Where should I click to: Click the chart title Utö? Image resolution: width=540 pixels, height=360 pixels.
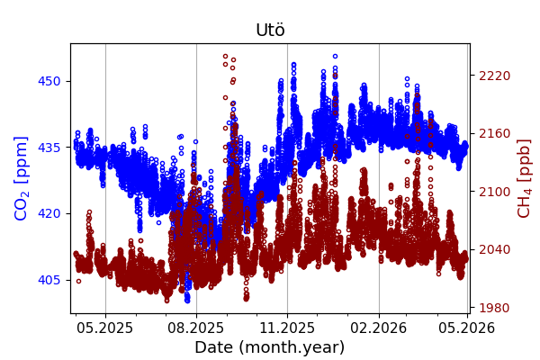(270, 31)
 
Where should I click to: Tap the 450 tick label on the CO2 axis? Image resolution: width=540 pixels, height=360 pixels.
(49, 81)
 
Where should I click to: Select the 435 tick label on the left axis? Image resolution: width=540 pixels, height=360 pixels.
(49, 148)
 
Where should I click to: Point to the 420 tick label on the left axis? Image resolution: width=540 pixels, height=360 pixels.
(49, 213)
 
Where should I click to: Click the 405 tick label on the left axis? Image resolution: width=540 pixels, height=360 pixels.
(49, 280)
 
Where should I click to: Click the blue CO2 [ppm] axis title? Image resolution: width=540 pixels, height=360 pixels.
(22, 178)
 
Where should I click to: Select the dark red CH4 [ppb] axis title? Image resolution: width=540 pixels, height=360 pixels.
(524, 178)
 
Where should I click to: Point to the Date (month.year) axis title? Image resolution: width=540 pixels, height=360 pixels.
(270, 347)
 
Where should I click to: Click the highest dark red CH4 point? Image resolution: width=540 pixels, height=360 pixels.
(226, 56)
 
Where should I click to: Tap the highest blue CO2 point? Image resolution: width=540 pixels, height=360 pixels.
(335, 56)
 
